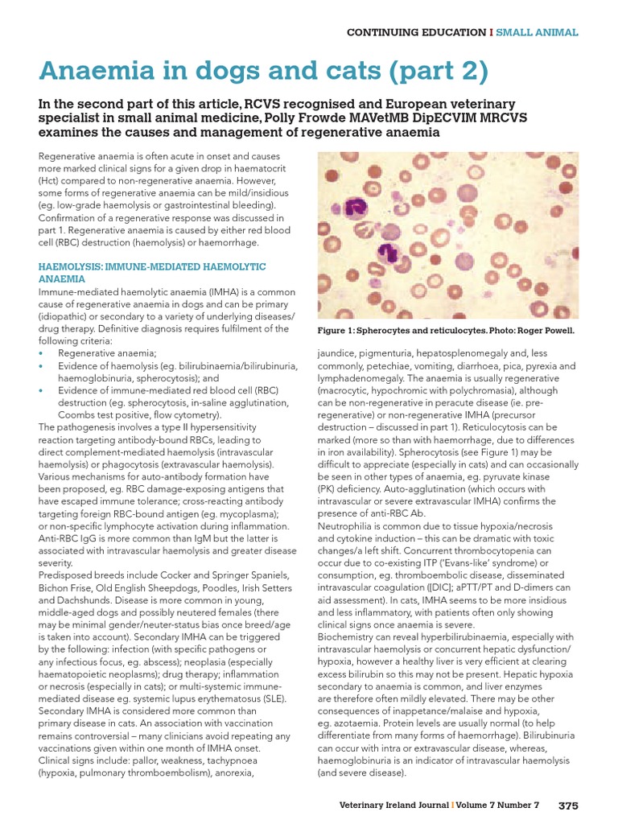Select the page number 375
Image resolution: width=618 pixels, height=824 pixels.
click(x=568, y=805)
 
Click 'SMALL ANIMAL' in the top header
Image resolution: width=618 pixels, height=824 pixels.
click(x=537, y=32)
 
